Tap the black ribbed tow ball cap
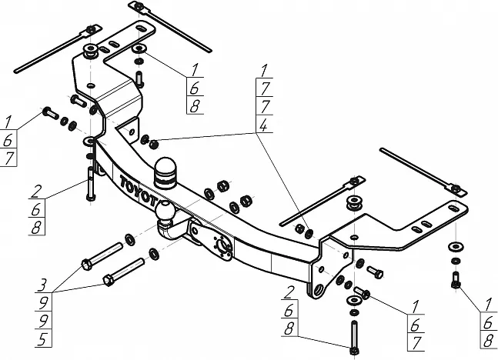coord(165,172)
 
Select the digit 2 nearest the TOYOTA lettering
coord(36,189)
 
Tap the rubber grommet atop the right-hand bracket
coord(355,205)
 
